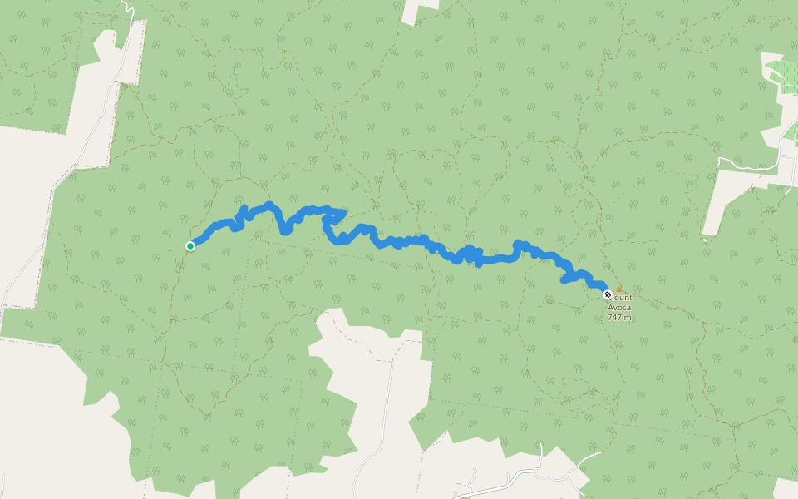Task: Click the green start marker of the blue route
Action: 190,245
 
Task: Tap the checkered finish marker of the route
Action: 608,294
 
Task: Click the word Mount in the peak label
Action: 623,297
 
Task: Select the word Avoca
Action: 620,307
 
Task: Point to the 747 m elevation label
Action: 619,317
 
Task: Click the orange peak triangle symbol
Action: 618,289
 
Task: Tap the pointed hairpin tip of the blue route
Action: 343,213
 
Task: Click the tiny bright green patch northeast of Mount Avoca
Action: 704,240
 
